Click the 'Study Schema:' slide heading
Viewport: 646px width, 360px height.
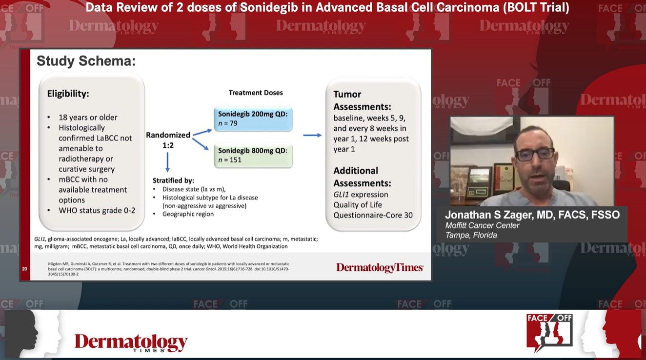(x=86, y=61)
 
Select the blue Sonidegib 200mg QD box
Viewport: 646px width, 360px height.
(x=252, y=119)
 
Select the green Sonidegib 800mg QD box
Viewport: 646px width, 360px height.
(x=252, y=155)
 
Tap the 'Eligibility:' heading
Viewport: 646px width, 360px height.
(x=68, y=94)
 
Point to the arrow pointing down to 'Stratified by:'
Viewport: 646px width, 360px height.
(x=167, y=162)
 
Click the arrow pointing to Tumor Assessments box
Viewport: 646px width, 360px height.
(x=312, y=135)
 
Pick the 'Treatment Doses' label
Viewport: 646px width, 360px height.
(x=256, y=93)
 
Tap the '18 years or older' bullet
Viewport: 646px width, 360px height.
(x=88, y=117)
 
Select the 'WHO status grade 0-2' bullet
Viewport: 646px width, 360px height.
(x=97, y=210)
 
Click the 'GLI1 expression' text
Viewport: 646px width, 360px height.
(x=361, y=194)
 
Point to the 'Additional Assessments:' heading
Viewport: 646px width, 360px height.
(x=362, y=177)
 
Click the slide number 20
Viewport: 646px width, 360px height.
(x=24, y=269)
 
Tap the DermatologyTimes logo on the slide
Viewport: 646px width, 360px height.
(x=380, y=267)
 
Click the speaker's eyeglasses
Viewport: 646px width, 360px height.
(x=534, y=154)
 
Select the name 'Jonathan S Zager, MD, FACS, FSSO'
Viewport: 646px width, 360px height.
(x=532, y=215)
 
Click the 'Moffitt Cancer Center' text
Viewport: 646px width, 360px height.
(x=482, y=225)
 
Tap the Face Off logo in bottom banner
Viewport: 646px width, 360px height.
(x=549, y=332)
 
